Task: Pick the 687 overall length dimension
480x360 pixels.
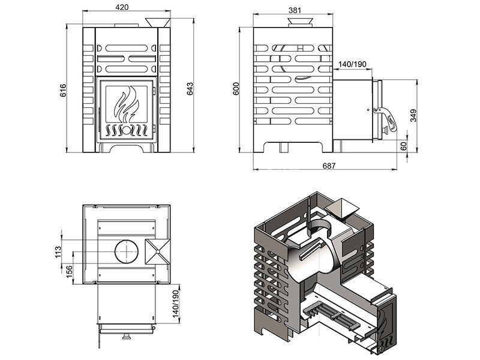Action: (328, 166)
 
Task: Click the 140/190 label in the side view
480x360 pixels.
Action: (352, 64)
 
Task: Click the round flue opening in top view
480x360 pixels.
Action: (126, 251)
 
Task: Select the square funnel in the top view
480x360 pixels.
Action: (158, 251)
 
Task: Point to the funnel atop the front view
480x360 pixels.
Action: (157, 22)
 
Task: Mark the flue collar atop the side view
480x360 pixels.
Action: (299, 23)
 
